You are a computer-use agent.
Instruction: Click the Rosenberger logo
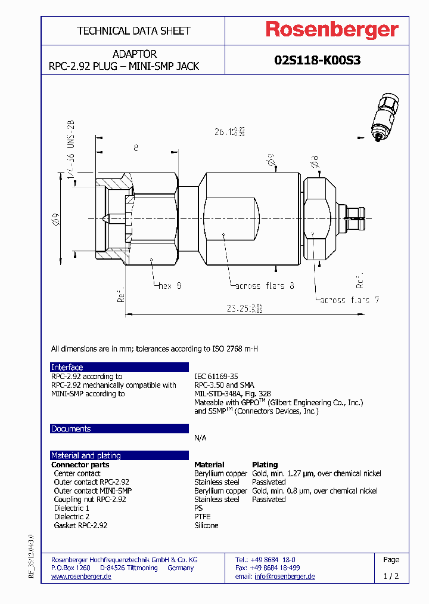(332, 30)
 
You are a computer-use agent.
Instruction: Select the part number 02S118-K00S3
(317, 60)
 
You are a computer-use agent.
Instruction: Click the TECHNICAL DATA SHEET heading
(133, 30)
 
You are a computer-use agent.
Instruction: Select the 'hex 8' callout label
(170, 286)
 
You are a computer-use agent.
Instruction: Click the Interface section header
(67, 367)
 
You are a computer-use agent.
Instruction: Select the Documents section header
(71, 429)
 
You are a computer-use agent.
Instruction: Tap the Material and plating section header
(86, 455)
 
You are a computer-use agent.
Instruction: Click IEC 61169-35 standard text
(216, 377)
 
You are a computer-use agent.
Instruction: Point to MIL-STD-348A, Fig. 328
(232, 394)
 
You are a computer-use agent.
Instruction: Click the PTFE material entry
(203, 517)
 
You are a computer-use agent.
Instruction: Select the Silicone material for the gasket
(206, 525)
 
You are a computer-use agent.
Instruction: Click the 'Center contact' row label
(77, 473)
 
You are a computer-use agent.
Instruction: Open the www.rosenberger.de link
(82, 577)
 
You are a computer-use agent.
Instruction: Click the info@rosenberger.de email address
(284, 577)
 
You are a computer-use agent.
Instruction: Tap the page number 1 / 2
(391, 577)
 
